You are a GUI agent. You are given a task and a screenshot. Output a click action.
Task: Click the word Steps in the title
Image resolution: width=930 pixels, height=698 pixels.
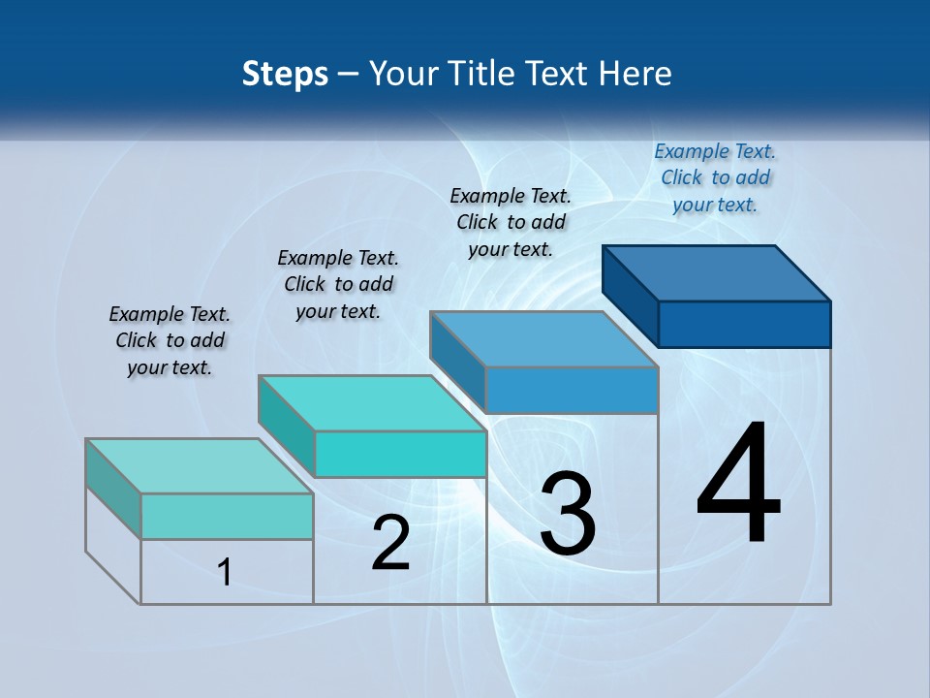click(x=285, y=74)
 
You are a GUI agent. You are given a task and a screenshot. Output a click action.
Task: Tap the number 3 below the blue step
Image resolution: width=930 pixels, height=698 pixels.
click(x=568, y=514)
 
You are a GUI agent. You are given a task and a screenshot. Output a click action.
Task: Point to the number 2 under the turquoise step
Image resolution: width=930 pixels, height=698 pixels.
click(x=390, y=543)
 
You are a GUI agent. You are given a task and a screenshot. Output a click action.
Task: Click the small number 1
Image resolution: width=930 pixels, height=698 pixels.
click(x=224, y=572)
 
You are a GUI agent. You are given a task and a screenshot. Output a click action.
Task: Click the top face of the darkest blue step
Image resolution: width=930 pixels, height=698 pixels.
click(x=717, y=272)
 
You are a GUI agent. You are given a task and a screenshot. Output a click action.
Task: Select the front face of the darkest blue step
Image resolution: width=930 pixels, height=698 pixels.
click(x=744, y=324)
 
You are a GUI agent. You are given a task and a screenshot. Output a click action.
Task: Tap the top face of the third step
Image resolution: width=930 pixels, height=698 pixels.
click(x=544, y=338)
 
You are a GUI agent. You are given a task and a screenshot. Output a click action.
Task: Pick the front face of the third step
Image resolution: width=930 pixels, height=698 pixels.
click(x=572, y=390)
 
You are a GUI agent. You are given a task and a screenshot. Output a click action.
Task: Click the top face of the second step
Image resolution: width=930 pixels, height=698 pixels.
click(x=372, y=402)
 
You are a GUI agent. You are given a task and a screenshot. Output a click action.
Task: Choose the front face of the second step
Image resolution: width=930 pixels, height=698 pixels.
click(x=400, y=454)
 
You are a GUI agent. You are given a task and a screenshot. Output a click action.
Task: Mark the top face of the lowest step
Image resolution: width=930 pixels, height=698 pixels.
click(x=200, y=465)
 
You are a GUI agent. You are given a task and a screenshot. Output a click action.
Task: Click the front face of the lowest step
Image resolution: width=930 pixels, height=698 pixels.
click(x=227, y=516)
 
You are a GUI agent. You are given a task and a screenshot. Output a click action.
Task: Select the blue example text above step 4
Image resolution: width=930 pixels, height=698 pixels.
click(x=715, y=177)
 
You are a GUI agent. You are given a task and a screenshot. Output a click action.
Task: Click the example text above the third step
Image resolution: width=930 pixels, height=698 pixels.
click(x=511, y=222)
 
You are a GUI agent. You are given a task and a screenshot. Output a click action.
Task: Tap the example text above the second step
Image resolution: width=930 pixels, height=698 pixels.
click(x=338, y=284)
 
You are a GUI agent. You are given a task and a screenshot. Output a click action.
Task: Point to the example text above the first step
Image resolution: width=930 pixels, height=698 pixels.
click(x=170, y=340)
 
